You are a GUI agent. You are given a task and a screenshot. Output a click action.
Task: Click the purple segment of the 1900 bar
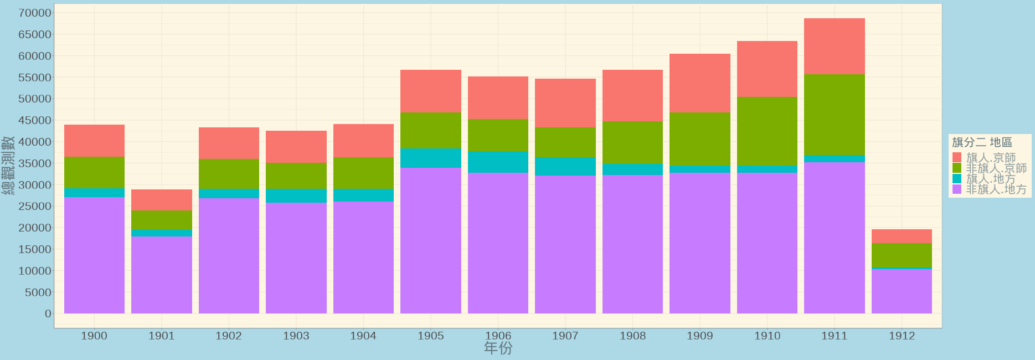coord(94,255)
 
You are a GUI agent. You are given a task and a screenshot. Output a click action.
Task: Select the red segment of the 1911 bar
coord(834,47)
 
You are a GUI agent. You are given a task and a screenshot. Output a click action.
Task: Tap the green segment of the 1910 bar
coord(767,131)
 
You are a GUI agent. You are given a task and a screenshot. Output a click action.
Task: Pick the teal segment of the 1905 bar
coord(430,158)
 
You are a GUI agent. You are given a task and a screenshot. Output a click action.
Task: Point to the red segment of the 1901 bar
coord(161,200)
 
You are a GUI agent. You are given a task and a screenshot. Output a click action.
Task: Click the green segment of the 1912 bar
coord(902,255)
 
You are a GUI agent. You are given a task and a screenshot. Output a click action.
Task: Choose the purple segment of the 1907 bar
coord(565,244)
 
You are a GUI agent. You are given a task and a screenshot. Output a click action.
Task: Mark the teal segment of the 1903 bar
coord(296,196)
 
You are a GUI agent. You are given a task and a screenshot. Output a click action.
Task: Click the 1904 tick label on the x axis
coord(363,336)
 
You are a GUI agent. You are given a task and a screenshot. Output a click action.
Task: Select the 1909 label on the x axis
coord(699,336)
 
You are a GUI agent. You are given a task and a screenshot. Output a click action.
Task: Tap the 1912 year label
coord(902,336)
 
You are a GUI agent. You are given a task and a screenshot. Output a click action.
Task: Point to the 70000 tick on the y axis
coord(35,13)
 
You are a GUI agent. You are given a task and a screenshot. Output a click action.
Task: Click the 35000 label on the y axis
coord(35,163)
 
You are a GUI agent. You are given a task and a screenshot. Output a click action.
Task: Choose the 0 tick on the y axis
coord(48,313)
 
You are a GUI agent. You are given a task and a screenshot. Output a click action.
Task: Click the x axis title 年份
coord(498,348)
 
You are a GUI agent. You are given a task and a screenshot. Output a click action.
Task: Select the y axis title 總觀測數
coord(8,165)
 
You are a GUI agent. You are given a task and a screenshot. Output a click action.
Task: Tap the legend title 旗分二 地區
coord(982,143)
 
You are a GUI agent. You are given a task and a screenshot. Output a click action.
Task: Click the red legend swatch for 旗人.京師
coord(957,157)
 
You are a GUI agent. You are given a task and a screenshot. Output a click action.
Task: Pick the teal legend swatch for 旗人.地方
coord(957,179)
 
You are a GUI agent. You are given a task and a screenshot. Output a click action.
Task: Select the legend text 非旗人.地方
coord(996,189)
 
